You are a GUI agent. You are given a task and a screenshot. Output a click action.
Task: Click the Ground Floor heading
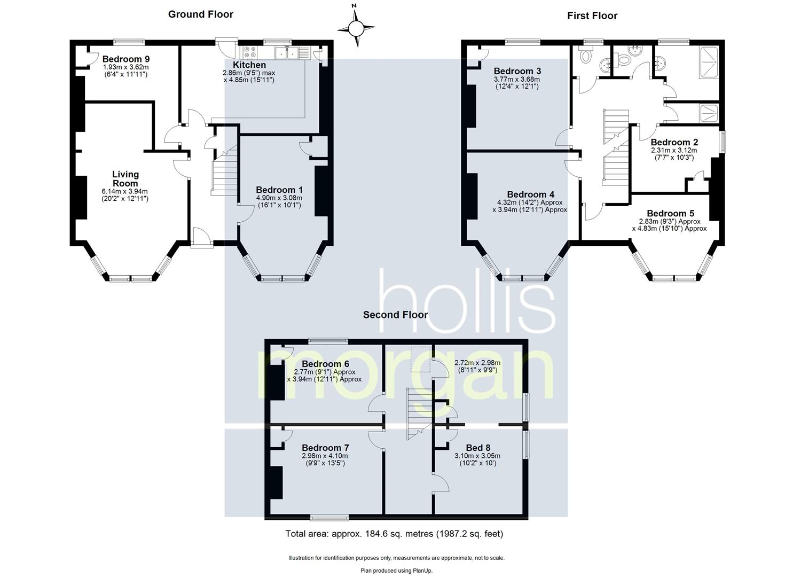point(200,14)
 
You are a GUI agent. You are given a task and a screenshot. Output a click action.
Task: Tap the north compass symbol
point(356,28)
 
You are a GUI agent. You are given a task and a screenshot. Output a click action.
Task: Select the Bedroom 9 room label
point(125,59)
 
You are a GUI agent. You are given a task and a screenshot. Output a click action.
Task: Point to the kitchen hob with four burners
point(250,52)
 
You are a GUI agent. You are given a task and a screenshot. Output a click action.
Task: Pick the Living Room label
point(125,178)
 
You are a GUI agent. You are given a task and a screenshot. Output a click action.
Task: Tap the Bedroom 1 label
point(279,190)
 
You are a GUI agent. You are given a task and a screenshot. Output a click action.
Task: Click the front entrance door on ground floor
point(201,238)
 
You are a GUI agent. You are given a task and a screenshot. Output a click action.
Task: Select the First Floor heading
point(592,16)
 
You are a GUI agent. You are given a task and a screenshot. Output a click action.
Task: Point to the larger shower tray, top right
point(709,63)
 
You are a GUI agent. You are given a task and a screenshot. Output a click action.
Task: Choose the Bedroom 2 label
point(674,142)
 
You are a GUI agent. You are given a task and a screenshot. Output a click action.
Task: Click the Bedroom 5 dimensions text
point(669,225)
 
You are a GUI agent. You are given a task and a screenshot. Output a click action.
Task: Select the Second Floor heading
point(395,315)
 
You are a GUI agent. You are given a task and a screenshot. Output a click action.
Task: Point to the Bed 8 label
point(477,448)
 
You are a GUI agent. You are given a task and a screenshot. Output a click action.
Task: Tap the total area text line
point(394,533)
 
